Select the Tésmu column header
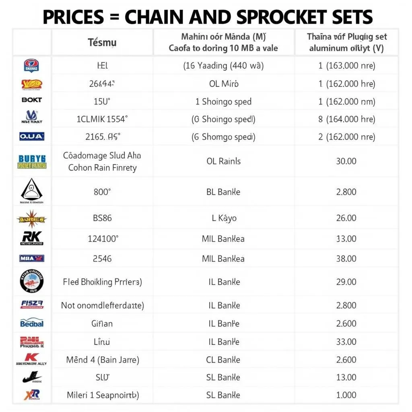click(102, 42)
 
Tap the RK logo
click(32, 238)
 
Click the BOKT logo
click(32, 100)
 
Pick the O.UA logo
click(32, 137)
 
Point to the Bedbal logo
click(32, 323)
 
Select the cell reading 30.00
click(346, 161)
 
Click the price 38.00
click(346, 258)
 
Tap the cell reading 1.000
click(346, 395)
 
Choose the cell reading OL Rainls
click(223, 161)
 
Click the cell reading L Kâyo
click(223, 218)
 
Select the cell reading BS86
click(102, 218)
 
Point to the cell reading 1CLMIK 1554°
click(102, 119)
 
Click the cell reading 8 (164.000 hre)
click(346, 119)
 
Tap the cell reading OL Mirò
click(223, 84)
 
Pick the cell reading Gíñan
click(102, 323)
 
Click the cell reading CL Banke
click(223, 360)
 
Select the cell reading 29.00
click(346, 282)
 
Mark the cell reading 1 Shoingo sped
click(223, 101)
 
